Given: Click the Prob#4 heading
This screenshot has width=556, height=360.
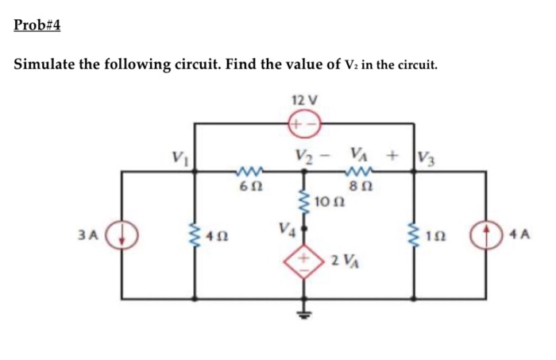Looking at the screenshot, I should coord(37,25).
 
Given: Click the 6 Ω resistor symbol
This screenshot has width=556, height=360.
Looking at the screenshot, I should coord(248,170).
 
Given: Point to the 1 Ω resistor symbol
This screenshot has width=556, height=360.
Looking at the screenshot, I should coord(413,235).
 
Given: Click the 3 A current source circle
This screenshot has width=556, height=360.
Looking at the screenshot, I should coord(122,235).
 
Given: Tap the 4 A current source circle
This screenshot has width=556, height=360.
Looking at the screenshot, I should coord(484,235).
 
